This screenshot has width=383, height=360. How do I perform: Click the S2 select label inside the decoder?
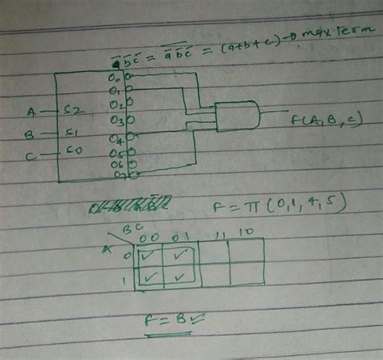coord(71,109)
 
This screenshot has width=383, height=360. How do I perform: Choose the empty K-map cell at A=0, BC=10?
coord(246,253)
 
